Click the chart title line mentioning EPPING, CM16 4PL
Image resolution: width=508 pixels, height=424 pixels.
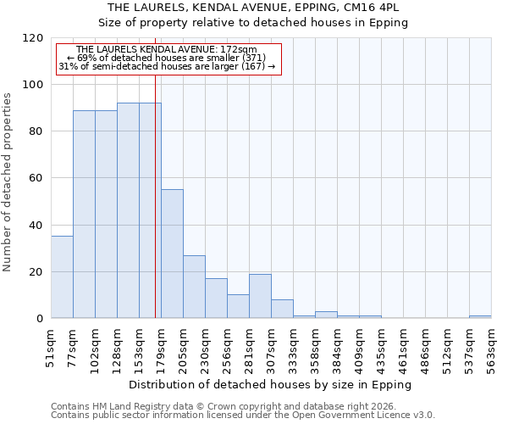[253, 8]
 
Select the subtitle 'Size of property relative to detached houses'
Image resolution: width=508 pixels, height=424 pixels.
[253, 23]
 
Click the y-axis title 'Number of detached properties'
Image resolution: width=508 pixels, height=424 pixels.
[8, 182]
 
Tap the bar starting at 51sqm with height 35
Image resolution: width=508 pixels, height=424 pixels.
[62, 277]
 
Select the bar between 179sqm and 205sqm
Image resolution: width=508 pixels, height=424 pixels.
[172, 254]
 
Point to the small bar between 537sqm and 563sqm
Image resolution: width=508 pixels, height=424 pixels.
[480, 317]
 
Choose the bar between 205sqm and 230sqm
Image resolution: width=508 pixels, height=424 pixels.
[194, 287]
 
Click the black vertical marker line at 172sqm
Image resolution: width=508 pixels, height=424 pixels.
[155, 212]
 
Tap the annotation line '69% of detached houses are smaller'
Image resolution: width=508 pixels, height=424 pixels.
[166, 58]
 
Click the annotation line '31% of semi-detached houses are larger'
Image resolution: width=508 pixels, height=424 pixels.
[166, 66]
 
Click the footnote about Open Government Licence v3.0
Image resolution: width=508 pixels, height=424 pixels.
[242, 415]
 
